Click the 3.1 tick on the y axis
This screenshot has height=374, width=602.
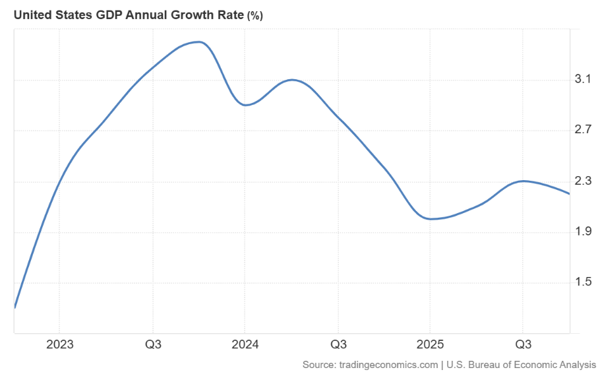(583, 80)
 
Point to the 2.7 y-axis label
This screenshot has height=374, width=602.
(583, 130)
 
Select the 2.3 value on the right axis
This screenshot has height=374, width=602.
(583, 181)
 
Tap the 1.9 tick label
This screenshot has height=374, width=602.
(583, 232)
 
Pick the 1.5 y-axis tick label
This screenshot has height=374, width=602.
(583, 282)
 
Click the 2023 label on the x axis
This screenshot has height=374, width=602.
(59, 344)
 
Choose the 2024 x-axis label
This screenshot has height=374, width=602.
(245, 344)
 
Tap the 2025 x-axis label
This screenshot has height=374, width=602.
(430, 344)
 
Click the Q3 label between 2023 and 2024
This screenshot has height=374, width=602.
(153, 344)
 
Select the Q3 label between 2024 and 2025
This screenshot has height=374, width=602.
(338, 344)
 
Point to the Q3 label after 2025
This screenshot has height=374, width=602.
(523, 344)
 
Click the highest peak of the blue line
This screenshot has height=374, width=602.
(200, 42)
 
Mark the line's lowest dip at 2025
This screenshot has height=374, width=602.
(431, 218)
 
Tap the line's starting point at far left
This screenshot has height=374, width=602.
(15, 307)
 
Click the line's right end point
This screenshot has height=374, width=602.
(570, 193)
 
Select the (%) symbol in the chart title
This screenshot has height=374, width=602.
(255, 16)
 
